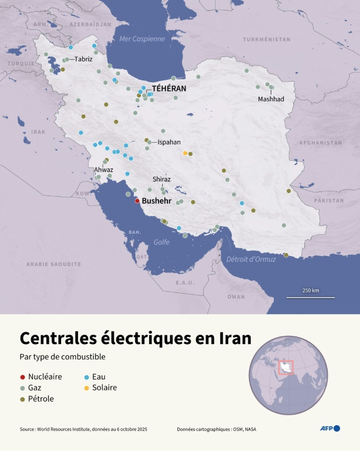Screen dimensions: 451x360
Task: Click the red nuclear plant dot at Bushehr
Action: [x=137, y=200]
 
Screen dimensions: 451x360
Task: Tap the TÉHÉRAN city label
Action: [x=169, y=88]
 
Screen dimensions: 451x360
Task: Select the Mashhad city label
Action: [x=271, y=99]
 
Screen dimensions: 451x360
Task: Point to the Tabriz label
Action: [x=83, y=59]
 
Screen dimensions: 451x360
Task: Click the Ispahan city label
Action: [x=169, y=142]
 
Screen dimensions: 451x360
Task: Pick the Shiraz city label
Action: [x=162, y=179]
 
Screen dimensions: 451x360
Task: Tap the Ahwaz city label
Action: [x=104, y=170]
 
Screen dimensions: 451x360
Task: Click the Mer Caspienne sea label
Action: [x=142, y=39]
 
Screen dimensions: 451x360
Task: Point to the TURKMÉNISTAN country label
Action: [x=267, y=39]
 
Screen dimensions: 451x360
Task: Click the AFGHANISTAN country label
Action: [x=320, y=143]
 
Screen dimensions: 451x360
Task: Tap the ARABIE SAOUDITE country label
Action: [x=53, y=264]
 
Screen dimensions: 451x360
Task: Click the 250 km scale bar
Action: [x=311, y=297]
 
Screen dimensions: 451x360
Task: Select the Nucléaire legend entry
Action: [x=45, y=376]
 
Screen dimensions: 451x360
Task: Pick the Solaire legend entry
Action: [x=105, y=388]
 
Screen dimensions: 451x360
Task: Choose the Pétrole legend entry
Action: [x=41, y=399]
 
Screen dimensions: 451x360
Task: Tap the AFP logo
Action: [x=329, y=428]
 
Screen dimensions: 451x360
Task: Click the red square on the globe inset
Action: [x=287, y=366]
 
